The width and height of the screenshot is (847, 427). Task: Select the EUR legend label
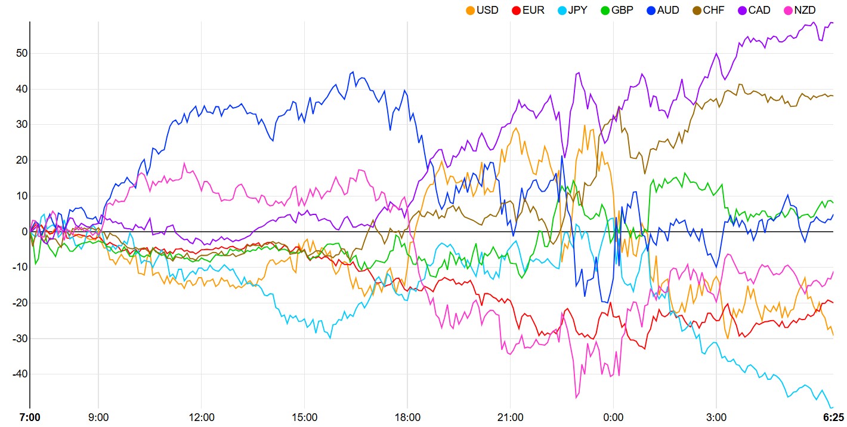pos(533,10)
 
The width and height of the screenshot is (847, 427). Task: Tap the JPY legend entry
pos(577,10)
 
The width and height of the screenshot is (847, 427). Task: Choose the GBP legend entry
pos(622,10)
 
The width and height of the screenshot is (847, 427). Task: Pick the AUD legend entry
pos(668,10)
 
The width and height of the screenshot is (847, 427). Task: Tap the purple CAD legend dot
pos(743,10)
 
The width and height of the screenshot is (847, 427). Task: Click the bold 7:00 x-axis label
pos(30,417)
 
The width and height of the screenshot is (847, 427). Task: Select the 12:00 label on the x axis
pos(201,417)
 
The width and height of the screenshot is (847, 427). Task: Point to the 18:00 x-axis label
pos(407,417)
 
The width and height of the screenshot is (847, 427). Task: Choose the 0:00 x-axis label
pos(613,417)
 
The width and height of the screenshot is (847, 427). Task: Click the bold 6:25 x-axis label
pos(833,417)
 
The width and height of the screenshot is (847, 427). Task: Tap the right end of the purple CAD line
pos(833,23)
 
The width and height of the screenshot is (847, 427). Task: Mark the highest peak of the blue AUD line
pos(353,72)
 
